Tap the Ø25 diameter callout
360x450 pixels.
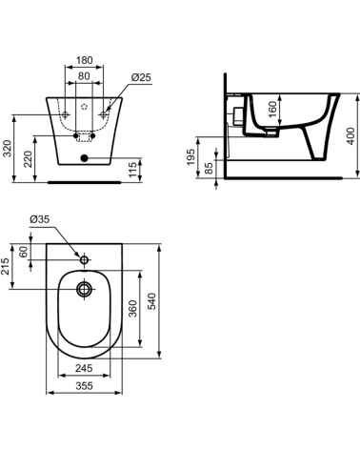141,76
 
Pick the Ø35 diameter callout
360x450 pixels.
40,219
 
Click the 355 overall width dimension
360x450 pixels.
85,387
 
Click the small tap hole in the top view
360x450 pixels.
85,259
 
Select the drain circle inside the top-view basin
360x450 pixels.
85,289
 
